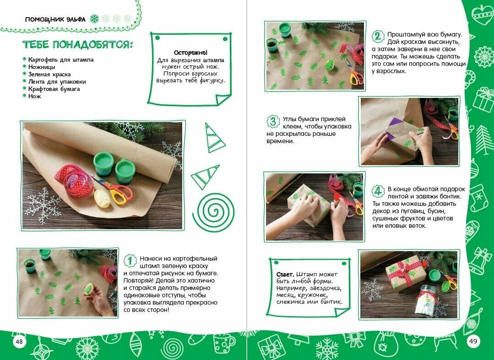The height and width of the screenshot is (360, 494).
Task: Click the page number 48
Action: click(19, 341)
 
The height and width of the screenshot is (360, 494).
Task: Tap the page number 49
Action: click(473, 341)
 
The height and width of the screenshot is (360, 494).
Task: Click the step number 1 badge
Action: click(130, 261)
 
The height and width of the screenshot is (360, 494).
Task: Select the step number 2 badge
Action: click(378, 37)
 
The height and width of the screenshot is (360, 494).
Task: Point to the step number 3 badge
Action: click(273, 122)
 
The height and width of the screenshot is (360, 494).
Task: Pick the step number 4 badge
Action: click(378, 191)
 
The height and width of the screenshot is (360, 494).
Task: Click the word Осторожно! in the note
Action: click(190, 53)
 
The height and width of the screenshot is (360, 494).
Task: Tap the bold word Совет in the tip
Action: click(285, 274)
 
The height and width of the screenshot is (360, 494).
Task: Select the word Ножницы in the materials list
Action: click(42, 67)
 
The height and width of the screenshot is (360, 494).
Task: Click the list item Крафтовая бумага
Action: click(54, 89)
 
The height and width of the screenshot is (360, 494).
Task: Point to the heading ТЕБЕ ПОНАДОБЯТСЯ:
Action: click(77, 45)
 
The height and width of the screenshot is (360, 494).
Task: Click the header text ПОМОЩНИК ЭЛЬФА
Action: click(55, 19)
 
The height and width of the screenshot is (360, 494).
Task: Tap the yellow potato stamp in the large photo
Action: click(102, 199)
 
